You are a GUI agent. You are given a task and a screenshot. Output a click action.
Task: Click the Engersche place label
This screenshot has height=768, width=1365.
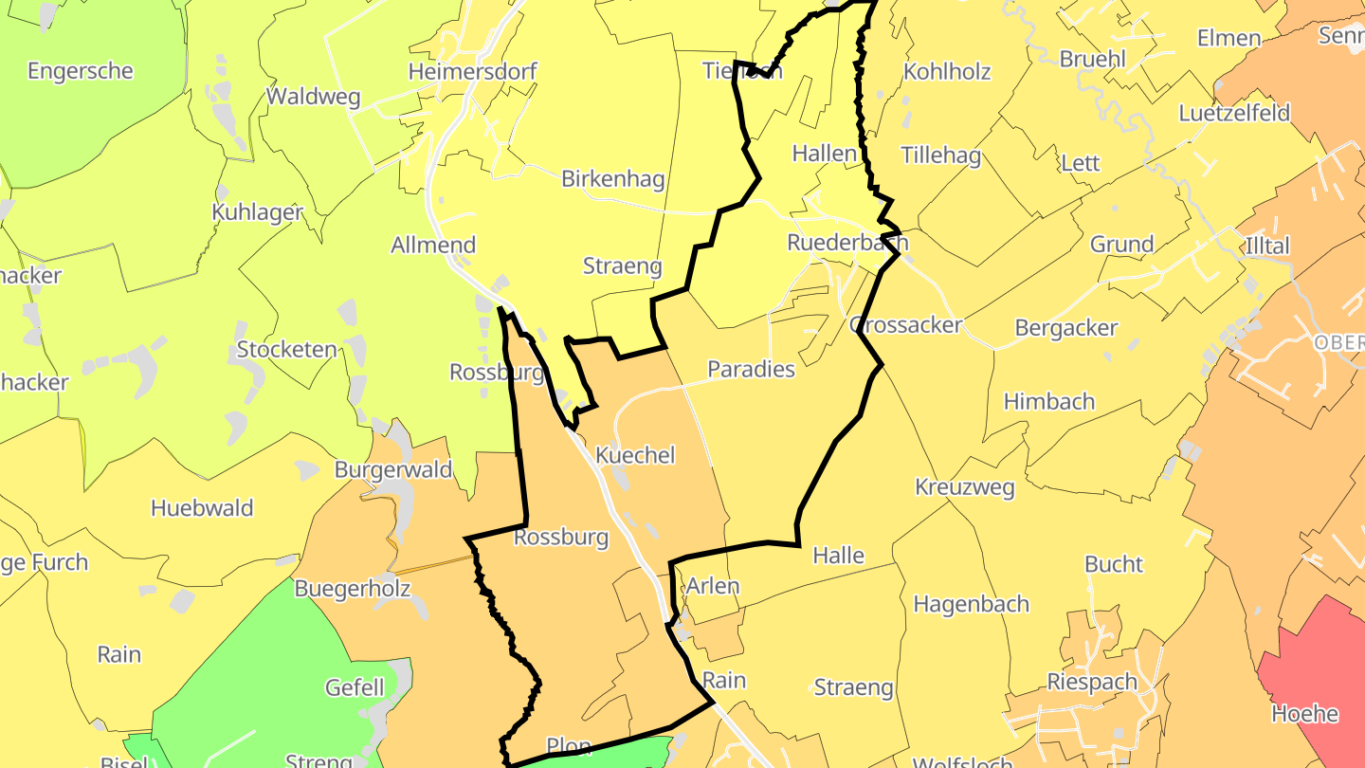(x=81, y=71)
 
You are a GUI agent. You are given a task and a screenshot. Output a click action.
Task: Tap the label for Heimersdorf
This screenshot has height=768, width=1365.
(x=472, y=71)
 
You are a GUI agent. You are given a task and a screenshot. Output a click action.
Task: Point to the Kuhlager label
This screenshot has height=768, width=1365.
(x=257, y=211)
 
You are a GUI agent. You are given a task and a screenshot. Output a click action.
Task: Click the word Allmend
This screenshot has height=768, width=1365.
(x=433, y=245)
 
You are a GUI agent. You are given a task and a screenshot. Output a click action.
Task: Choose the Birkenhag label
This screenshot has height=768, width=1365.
(x=612, y=178)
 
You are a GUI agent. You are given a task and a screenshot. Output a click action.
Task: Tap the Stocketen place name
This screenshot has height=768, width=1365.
(x=286, y=349)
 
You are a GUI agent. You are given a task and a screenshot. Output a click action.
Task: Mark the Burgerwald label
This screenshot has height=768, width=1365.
(x=393, y=469)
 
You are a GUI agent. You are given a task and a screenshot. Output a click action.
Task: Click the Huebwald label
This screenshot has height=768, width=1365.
(x=202, y=507)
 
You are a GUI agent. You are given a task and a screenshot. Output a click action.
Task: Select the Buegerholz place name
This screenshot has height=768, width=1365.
(x=353, y=588)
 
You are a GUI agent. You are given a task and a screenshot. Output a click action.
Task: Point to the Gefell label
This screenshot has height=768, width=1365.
(x=355, y=687)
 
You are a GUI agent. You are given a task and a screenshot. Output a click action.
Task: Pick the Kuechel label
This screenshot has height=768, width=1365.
(x=635, y=455)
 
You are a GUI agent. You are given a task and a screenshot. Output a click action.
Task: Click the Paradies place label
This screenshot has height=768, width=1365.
(x=751, y=369)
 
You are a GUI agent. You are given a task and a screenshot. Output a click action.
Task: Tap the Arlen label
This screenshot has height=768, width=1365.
(x=712, y=586)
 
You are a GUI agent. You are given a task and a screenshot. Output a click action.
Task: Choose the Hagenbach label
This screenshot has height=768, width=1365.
(x=971, y=604)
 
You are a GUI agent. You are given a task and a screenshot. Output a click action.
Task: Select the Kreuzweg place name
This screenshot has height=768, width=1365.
(x=964, y=487)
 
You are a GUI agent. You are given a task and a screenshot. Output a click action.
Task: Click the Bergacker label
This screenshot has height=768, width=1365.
(x=1065, y=328)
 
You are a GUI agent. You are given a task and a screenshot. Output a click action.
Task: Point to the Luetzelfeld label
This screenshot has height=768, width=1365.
(x=1234, y=113)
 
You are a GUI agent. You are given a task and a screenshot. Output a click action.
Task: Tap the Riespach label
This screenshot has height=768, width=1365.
(x=1091, y=681)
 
